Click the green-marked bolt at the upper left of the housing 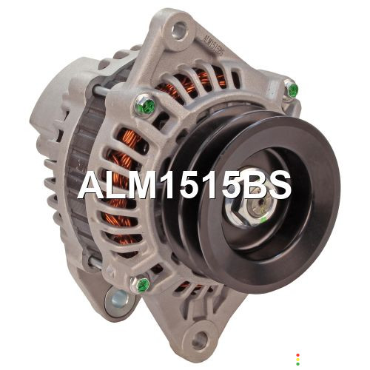click(x=145, y=105)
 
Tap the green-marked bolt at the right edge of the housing click(x=292, y=90)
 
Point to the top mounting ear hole click(x=180, y=30)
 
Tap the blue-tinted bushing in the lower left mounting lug click(x=120, y=299)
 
